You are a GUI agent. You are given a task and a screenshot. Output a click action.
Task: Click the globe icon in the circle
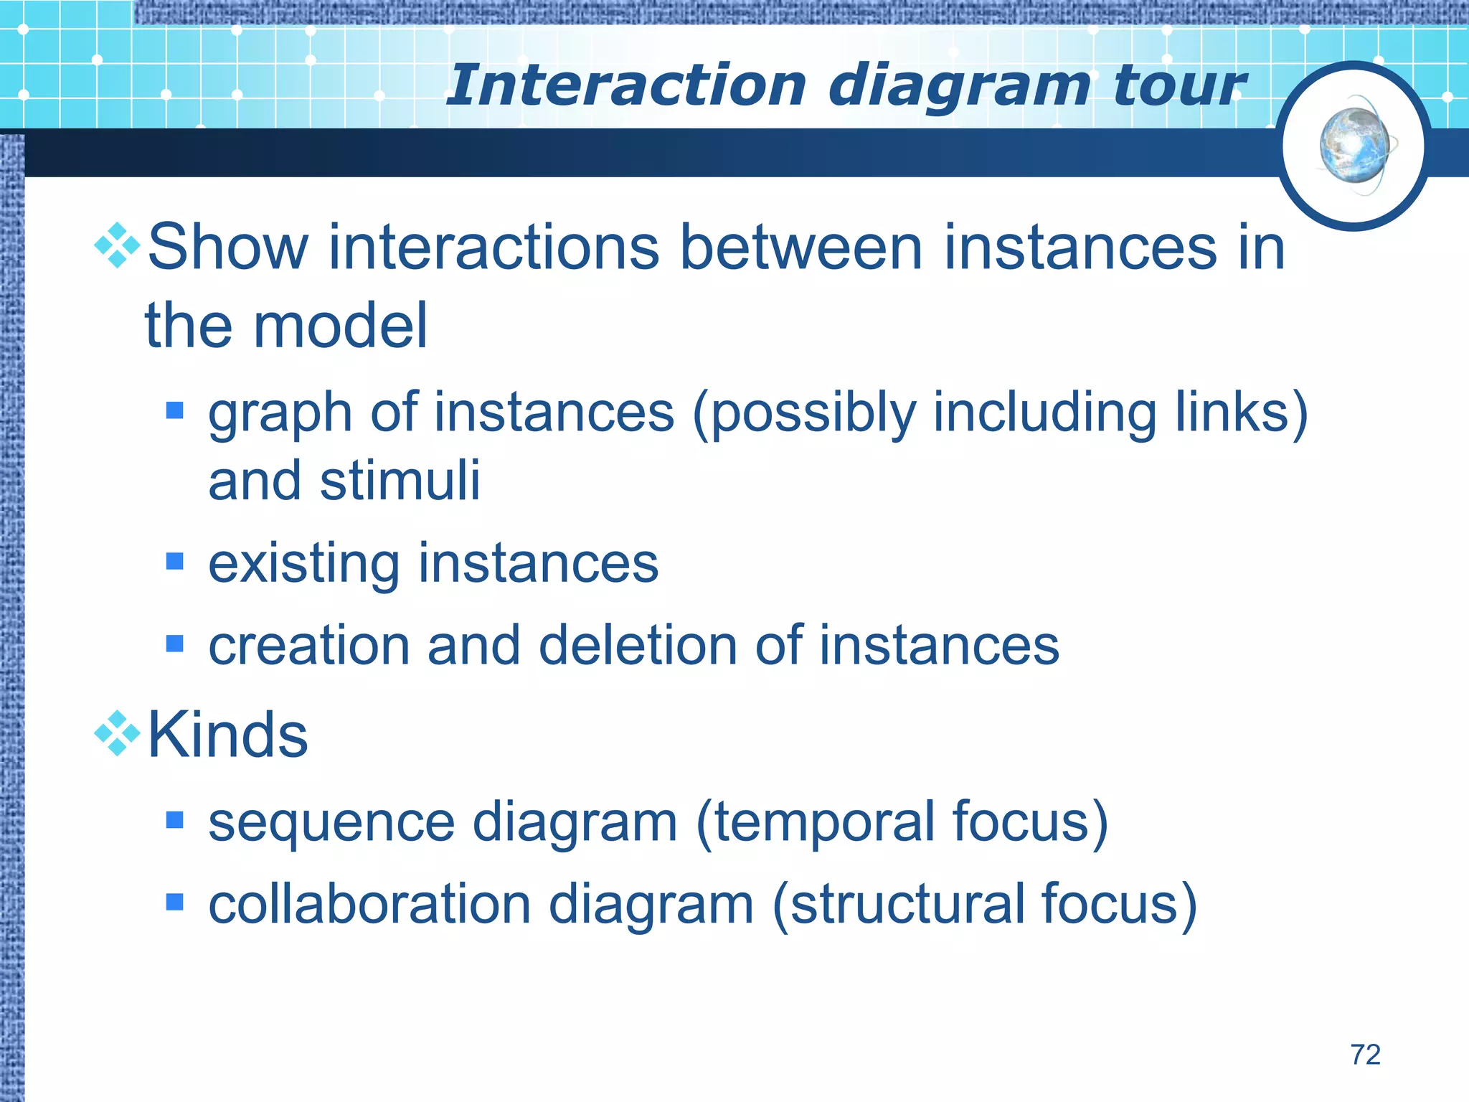1354,146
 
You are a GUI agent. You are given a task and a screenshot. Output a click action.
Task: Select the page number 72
1365,1055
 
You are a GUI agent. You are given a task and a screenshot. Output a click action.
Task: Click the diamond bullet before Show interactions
117,246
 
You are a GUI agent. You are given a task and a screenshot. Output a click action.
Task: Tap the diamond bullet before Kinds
117,733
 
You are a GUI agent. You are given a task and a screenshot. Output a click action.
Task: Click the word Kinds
227,735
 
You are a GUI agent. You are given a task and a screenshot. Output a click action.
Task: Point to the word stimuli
400,480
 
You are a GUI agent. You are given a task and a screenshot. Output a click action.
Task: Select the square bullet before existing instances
174,561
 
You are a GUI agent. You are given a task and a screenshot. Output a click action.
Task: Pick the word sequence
331,823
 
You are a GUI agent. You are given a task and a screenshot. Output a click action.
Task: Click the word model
340,326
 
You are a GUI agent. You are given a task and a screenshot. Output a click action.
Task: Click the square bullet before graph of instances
174,410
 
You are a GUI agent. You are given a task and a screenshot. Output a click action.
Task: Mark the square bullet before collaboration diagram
174,902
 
